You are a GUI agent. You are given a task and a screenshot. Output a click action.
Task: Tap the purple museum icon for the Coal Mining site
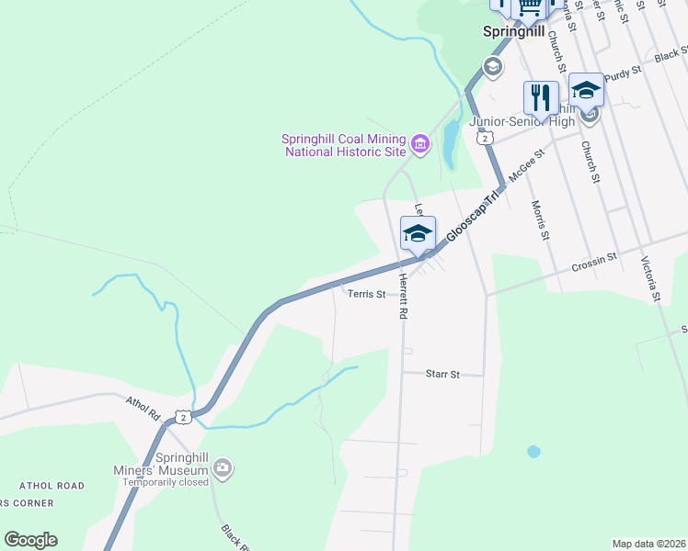[420, 144]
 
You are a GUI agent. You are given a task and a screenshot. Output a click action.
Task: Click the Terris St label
[367, 295]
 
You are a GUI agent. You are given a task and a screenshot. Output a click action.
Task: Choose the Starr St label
[441, 374]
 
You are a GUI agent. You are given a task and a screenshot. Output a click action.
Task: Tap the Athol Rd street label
[143, 408]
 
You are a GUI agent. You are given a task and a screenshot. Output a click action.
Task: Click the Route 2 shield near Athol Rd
[185, 417]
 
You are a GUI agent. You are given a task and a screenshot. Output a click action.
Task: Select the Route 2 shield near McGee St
[485, 137]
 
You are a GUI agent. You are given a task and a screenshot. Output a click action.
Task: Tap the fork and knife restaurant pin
[541, 97]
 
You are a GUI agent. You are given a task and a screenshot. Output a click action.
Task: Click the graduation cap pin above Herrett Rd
[417, 232]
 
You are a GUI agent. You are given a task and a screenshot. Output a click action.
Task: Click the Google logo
[30, 540]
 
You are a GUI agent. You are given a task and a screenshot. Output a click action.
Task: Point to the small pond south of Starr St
[533, 452]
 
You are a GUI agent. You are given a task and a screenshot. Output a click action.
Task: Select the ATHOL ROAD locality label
[52, 486]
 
